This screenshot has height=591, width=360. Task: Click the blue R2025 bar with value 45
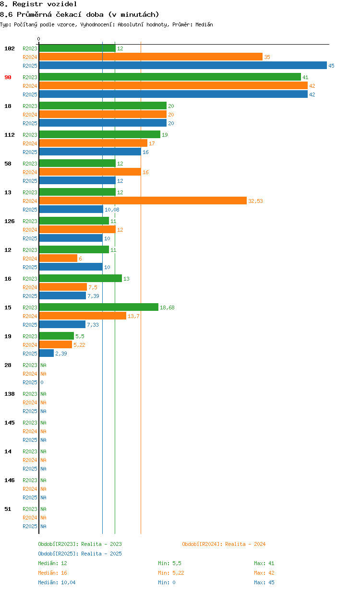point(182,66)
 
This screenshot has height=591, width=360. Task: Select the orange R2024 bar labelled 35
point(151,57)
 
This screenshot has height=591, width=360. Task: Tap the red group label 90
point(8,77)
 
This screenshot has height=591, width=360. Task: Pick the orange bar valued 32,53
point(143,201)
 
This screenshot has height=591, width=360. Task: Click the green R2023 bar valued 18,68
point(98,307)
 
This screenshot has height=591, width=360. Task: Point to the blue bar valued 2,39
point(47,354)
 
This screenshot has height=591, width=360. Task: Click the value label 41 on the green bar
point(305,77)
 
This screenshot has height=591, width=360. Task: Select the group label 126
point(10,221)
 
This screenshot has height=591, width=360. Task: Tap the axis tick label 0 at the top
point(39,39)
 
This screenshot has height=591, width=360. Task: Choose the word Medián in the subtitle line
point(204,24)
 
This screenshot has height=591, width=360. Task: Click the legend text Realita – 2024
point(245,544)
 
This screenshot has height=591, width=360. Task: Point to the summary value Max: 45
point(264,582)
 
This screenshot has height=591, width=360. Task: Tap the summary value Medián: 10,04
point(57,582)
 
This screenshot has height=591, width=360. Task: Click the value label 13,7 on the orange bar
point(133,316)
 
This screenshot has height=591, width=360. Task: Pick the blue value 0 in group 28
point(42,382)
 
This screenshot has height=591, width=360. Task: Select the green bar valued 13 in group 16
point(80,279)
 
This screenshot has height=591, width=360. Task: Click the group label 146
point(10,480)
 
